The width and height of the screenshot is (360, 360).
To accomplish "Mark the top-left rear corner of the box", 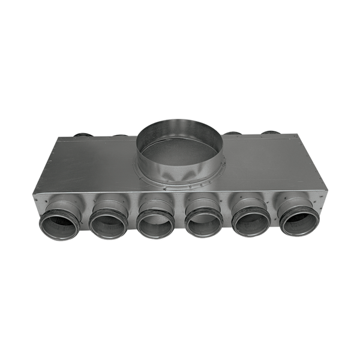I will point(56,137).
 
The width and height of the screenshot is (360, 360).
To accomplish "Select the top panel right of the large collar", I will point(264,156).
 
